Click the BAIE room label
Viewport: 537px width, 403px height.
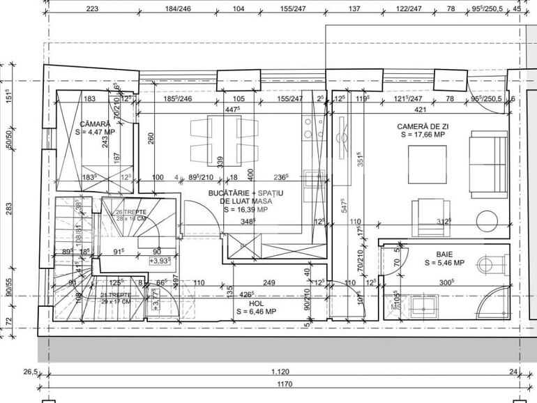446,254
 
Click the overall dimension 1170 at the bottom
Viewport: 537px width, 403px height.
283,383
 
